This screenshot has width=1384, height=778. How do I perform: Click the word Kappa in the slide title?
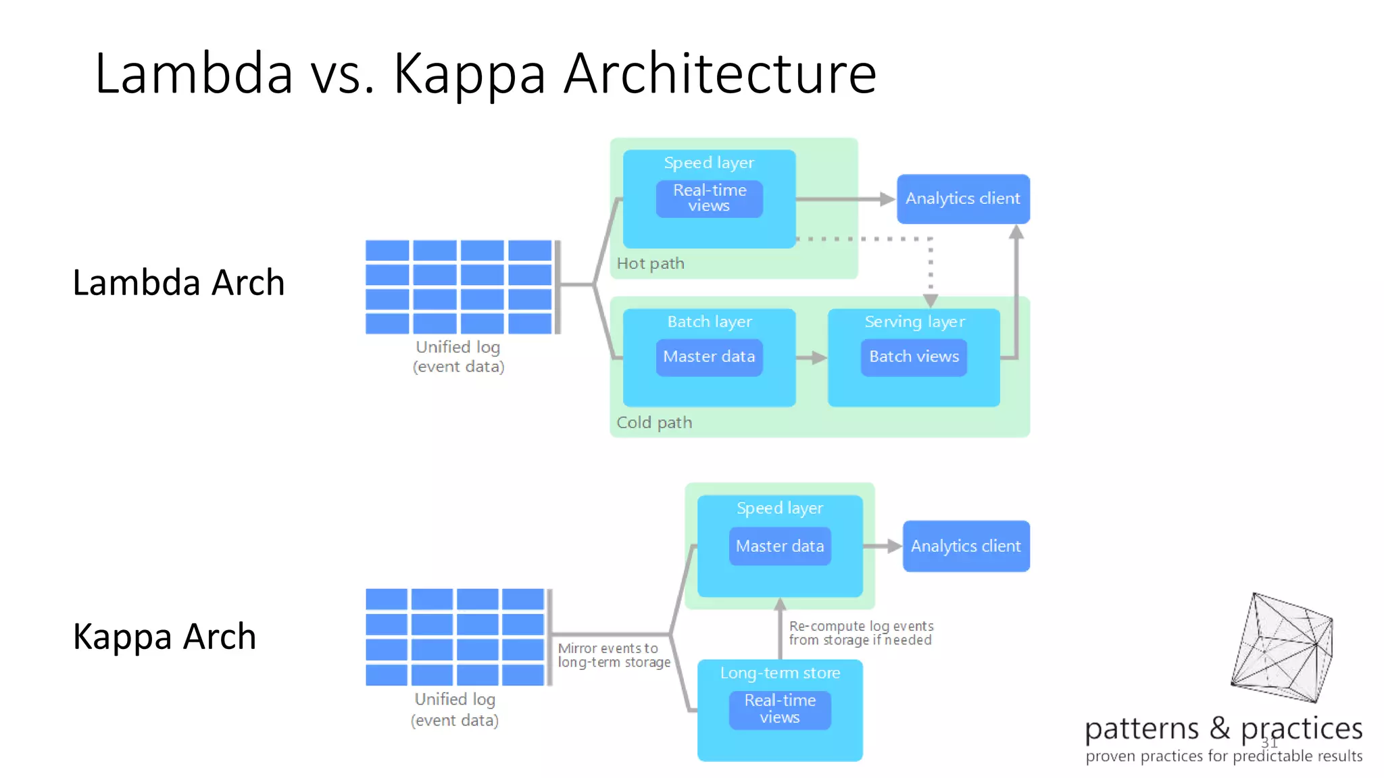pyautogui.click(x=469, y=74)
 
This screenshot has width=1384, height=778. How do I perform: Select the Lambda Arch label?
pyautogui.click(x=178, y=282)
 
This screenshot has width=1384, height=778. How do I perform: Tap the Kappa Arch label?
pyautogui.click(x=164, y=636)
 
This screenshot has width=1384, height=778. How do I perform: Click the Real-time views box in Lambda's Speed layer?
pyautogui.click(x=709, y=199)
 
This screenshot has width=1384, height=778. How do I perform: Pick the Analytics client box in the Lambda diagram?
pyautogui.click(x=962, y=199)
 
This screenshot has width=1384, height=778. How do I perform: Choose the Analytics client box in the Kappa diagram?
pyautogui.click(x=965, y=546)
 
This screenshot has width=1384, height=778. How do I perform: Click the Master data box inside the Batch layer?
pyautogui.click(x=709, y=357)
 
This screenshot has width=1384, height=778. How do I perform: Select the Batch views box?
pyautogui.click(x=914, y=357)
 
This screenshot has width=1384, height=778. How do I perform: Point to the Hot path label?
pyautogui.click(x=650, y=263)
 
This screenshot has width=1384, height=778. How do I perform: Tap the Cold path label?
pyautogui.click(x=653, y=423)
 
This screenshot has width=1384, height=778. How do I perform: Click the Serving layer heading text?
pyautogui.click(x=914, y=321)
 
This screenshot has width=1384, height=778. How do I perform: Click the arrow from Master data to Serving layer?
pyautogui.click(x=812, y=358)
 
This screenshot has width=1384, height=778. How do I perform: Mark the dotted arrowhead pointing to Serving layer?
pyautogui.click(x=931, y=301)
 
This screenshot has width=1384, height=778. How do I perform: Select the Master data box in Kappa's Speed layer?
pyautogui.click(x=780, y=546)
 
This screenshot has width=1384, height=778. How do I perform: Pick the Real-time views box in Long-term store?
pyautogui.click(x=780, y=708)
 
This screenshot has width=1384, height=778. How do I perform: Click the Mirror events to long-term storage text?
pyautogui.click(x=613, y=655)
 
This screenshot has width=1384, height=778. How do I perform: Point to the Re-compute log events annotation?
pyautogui.click(x=860, y=633)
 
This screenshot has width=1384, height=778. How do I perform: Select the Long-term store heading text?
pyautogui.click(x=780, y=673)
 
